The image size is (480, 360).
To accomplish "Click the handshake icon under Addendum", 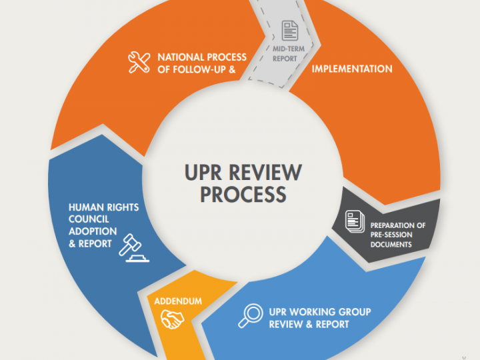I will tap(172, 320).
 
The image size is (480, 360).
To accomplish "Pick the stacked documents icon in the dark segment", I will tap(355, 222).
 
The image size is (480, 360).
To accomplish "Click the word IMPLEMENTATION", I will tap(352, 69).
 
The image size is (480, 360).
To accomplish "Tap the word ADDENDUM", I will tap(178, 301).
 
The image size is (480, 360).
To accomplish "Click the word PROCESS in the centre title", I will tap(243, 194).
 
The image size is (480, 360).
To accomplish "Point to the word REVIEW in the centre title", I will tap(266, 173).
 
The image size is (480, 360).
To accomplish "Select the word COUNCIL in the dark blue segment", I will tap(90, 219).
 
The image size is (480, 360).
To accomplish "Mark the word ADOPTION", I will tap(93, 231).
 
